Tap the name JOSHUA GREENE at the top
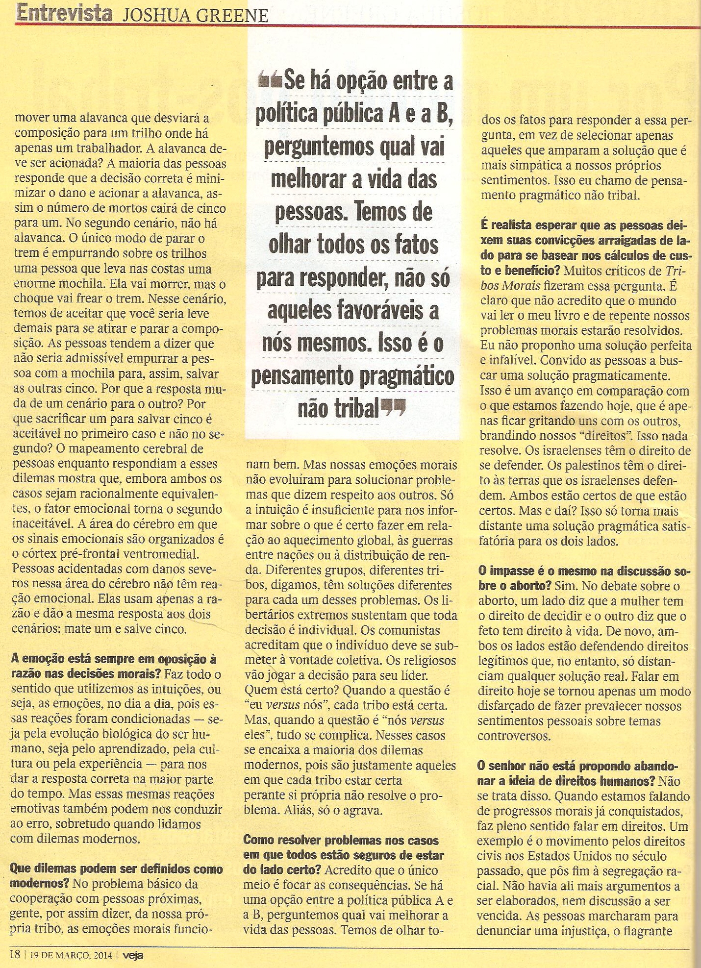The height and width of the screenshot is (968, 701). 195,15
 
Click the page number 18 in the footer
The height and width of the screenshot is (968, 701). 15,954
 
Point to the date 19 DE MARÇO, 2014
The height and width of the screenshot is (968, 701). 71,955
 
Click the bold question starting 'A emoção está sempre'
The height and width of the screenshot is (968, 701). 113,666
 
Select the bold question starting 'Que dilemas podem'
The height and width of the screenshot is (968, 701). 116,876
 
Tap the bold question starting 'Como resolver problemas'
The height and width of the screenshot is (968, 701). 343,856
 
